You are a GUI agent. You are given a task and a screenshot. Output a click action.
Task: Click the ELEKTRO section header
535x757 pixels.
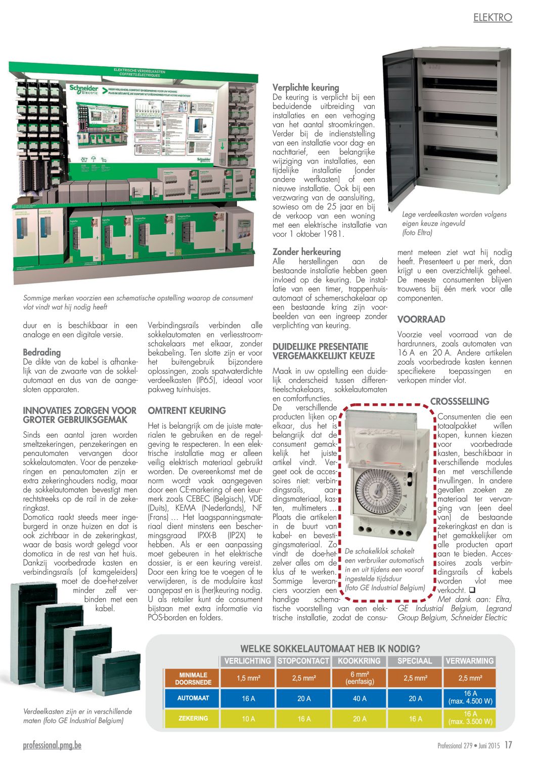493,17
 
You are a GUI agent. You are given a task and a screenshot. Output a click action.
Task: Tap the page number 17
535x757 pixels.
508,745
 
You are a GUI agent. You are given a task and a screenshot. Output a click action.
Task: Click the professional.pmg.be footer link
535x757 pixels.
52,745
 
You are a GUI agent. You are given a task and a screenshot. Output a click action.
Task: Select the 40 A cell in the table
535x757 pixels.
360,698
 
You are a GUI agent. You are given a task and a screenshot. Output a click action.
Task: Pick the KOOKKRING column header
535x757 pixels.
359,661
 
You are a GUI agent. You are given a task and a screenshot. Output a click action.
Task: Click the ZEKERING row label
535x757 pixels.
193,718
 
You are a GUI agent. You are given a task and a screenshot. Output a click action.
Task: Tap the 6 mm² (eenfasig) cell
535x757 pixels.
360,678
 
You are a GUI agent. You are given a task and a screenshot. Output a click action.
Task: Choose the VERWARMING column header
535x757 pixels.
469,661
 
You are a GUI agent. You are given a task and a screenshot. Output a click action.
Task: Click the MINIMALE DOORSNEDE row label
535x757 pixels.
193,678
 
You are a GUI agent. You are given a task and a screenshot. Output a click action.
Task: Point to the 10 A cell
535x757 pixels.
248,719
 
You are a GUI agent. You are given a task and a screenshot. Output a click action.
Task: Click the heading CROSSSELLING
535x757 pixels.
460,401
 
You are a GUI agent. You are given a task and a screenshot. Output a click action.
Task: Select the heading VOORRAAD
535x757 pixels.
421,319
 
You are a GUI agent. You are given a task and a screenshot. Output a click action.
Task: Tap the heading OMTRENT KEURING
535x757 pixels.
187,410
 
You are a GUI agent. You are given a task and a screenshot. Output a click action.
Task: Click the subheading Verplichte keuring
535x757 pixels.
305,88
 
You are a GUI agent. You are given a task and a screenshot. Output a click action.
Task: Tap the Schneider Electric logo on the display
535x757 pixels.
84,90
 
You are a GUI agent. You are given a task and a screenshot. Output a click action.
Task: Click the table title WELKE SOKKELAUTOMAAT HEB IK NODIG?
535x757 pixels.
330,648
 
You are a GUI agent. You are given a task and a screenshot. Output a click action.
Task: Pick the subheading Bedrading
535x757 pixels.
41,352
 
